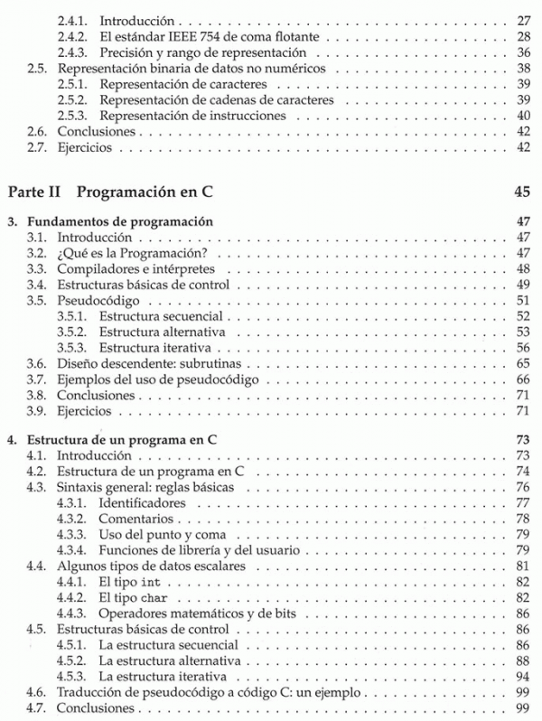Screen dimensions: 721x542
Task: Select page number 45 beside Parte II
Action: (x=520, y=192)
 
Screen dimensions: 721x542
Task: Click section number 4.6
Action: (x=38, y=693)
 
